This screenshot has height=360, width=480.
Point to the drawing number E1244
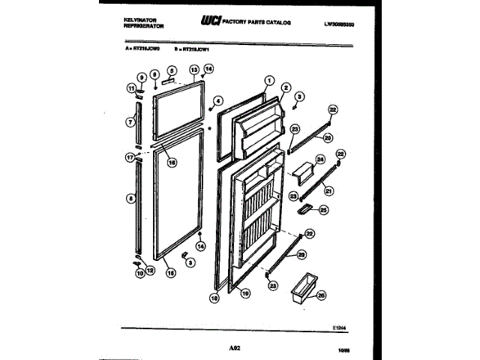pos(342,325)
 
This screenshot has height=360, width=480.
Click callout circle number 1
pos(269,81)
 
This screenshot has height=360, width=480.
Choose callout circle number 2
pos(286,88)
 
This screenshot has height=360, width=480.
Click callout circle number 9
pos(140,77)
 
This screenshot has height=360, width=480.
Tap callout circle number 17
pos(130,158)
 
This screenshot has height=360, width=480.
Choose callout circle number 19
pos(245,295)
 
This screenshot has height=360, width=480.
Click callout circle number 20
pos(327,138)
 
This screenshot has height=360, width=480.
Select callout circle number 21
pos(328,190)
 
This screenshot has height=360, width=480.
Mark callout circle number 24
pos(319,159)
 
